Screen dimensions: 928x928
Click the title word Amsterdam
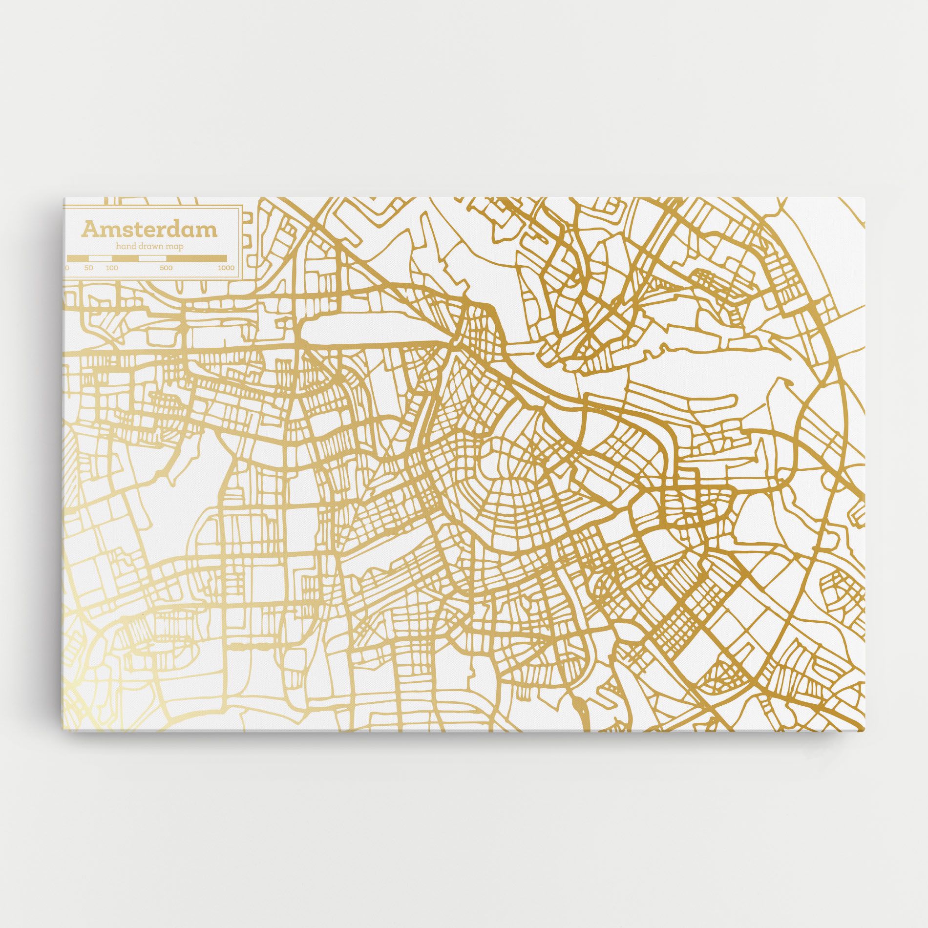tap(149, 230)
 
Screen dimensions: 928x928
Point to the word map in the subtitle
tap(175, 247)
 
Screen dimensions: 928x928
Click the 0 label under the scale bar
tap(67, 268)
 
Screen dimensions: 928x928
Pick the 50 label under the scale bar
tap(88, 268)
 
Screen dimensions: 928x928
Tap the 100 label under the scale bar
tap(112, 268)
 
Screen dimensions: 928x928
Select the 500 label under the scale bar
tap(166, 268)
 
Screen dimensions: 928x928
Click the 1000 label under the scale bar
tap(226, 268)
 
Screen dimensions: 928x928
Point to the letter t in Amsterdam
tap(132, 230)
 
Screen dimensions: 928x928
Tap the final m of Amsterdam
tap(207, 231)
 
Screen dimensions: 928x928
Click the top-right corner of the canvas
tap(864, 198)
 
